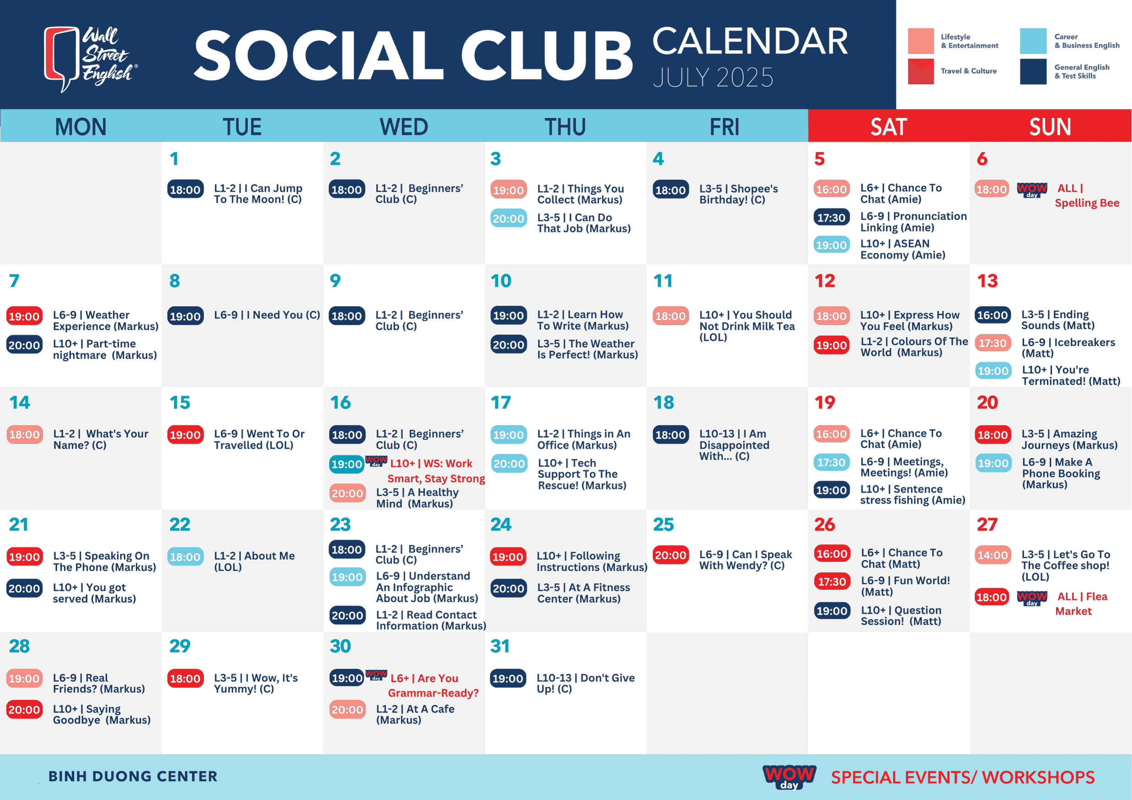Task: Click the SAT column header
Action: [x=888, y=127]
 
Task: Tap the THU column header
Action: [x=565, y=127]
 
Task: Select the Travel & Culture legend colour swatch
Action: [x=921, y=71]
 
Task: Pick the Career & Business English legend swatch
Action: [x=1033, y=41]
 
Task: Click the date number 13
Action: [x=987, y=281]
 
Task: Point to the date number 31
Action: [x=500, y=646]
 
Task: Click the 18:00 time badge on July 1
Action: [x=185, y=189]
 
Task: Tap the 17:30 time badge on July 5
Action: [x=831, y=217]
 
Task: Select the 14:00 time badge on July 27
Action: [x=993, y=555]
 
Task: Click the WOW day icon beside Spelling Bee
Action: [x=1032, y=190]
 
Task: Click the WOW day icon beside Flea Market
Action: [x=1032, y=598]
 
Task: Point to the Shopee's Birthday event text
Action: [x=739, y=194]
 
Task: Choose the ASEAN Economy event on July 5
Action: [x=903, y=249]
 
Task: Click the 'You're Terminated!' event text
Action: [x=1071, y=376]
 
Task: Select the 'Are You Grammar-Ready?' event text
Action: [x=434, y=686]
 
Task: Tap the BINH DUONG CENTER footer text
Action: [x=133, y=776]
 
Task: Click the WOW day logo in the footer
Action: [x=789, y=777]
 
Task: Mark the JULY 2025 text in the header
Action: [x=713, y=77]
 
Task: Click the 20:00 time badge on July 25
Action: [x=671, y=555]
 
